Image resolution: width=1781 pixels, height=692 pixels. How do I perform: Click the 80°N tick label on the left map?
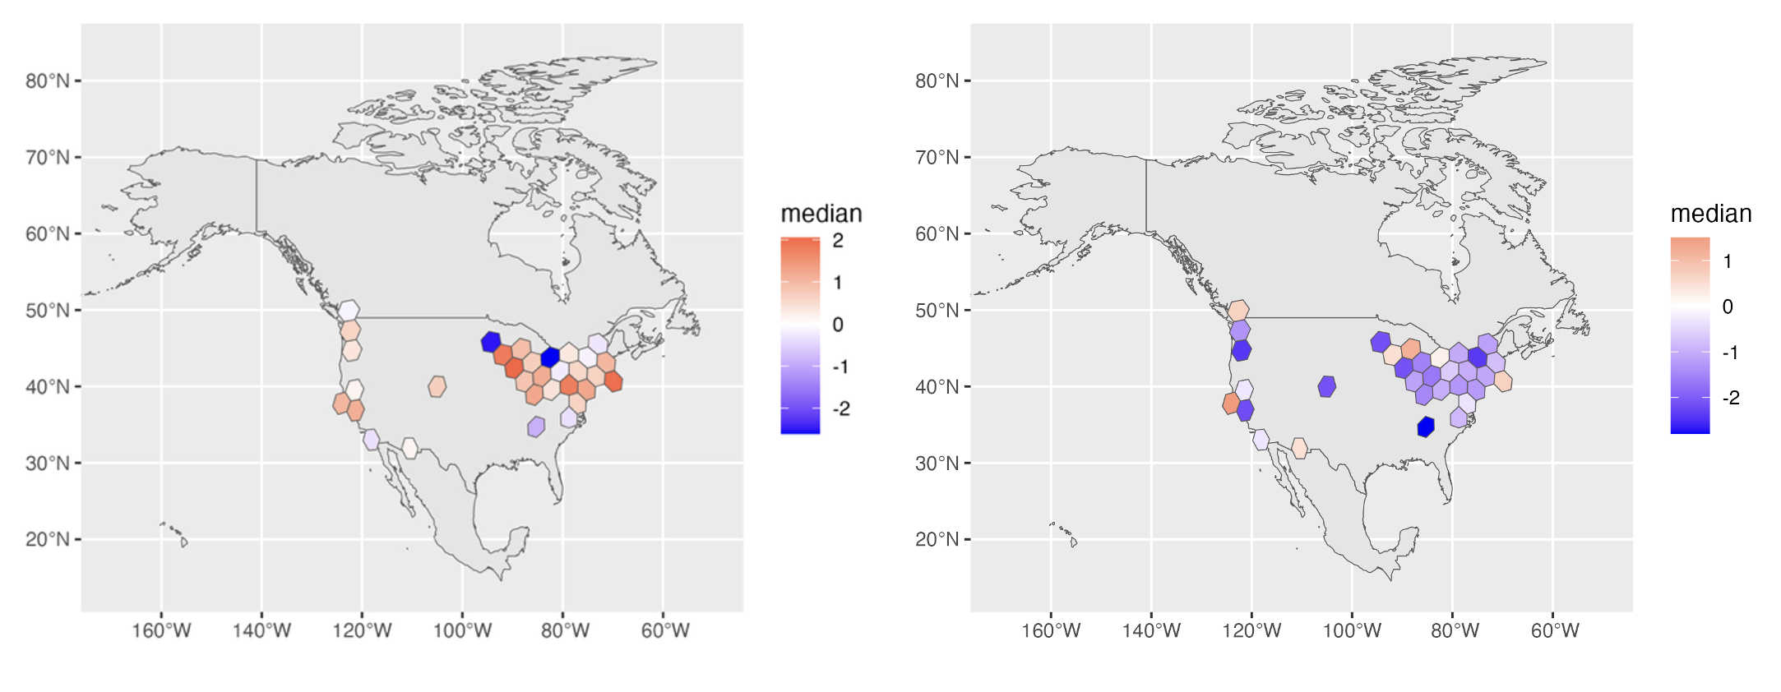click(48, 81)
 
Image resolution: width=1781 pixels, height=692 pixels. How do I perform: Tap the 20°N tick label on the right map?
click(937, 539)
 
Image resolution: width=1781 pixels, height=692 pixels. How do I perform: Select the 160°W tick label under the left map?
click(161, 630)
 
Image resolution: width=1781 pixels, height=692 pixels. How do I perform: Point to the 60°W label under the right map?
click(1554, 630)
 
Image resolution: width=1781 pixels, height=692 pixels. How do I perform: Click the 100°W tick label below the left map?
click(462, 630)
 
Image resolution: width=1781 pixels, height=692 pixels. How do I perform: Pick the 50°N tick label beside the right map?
click(937, 310)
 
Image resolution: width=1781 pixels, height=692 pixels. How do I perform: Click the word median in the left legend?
click(821, 214)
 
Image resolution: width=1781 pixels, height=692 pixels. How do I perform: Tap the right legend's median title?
click(1710, 214)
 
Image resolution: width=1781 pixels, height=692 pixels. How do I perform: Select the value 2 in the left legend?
click(838, 241)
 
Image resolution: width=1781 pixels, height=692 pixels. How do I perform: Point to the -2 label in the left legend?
click(840, 408)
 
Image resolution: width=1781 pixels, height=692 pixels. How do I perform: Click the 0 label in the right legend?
click(1728, 307)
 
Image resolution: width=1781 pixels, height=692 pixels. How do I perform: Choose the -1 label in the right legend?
click(1730, 353)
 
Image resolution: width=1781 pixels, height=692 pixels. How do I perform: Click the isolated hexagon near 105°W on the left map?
click(437, 386)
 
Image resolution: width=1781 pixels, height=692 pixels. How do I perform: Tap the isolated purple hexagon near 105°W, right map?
click(1326, 386)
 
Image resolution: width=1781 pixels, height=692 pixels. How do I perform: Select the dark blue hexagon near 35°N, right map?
click(1426, 427)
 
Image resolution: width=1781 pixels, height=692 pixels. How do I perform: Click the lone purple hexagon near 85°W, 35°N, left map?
click(536, 427)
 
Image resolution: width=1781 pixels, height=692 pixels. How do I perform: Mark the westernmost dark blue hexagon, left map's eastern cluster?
click(491, 342)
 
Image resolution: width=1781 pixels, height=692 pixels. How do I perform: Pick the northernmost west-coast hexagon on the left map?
click(349, 311)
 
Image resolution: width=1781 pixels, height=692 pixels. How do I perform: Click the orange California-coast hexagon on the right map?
click(1231, 404)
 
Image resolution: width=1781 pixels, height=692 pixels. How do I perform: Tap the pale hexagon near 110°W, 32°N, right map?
click(1299, 448)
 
